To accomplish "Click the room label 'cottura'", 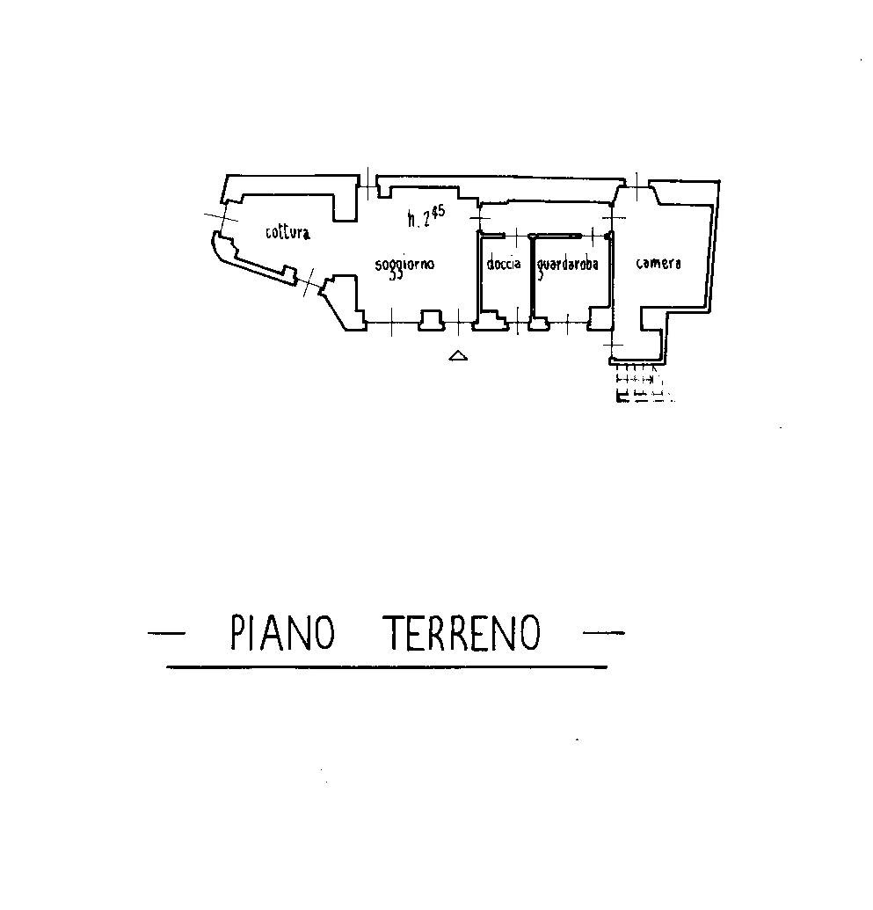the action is tap(287, 232).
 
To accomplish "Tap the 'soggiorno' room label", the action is tap(404, 264).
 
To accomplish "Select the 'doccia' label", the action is tap(504, 264).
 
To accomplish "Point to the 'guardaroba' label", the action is tap(568, 265).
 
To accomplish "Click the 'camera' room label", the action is tap(658, 263).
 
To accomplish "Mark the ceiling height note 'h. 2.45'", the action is tap(426, 215).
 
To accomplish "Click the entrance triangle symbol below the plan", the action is tap(458, 356).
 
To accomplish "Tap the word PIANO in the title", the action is tap(283, 632).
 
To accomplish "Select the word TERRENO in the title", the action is tap(462, 632).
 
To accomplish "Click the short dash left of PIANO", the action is tap(166, 632).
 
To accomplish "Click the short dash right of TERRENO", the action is tap(604, 632).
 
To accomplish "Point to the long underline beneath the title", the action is tap(387, 667).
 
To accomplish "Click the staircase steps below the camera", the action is tap(642, 383).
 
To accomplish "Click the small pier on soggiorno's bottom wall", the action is tap(432, 320).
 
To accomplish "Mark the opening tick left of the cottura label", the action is tap(222, 218).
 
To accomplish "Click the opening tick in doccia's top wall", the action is tap(515, 236).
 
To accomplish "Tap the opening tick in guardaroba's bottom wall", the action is tap(567, 323).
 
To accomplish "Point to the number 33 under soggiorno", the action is tap(396, 275).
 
